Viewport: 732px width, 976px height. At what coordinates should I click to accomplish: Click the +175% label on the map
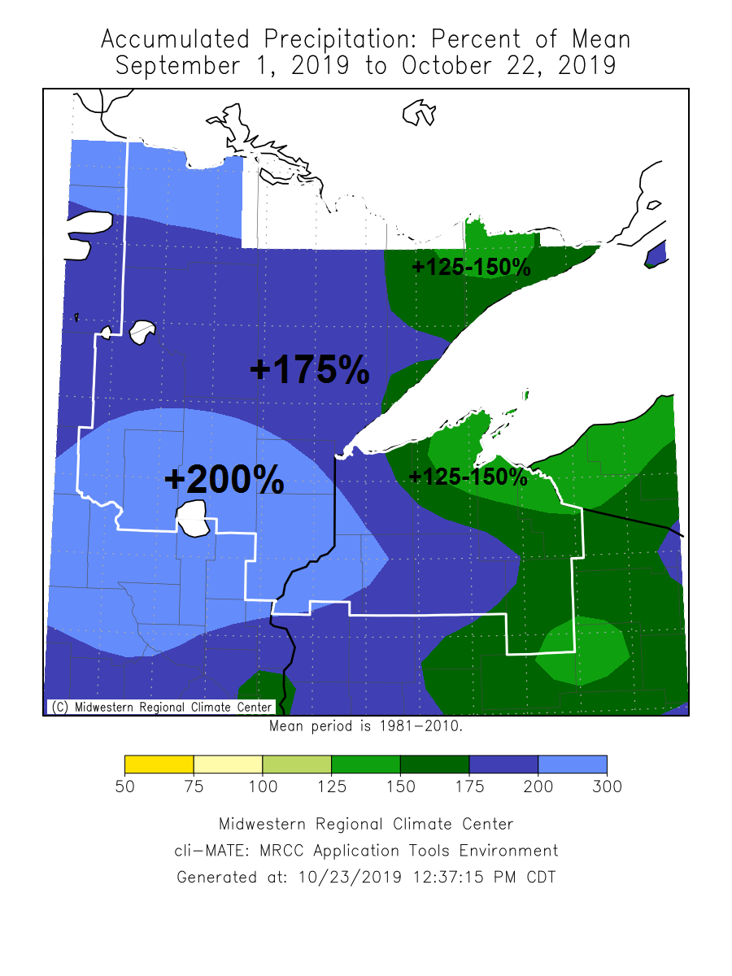[309, 370]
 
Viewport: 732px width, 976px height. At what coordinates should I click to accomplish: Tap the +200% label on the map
[224, 479]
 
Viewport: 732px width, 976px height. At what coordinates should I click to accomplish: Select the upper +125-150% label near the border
[471, 267]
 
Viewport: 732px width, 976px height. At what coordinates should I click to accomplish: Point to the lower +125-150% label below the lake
[468, 476]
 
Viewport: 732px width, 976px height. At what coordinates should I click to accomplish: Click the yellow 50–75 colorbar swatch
[159, 765]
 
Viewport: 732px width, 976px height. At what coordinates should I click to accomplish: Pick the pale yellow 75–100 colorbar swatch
[228, 765]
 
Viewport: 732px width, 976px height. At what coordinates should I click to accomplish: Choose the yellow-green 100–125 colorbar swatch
[297, 765]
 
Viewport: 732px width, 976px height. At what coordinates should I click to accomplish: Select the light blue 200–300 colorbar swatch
[573, 765]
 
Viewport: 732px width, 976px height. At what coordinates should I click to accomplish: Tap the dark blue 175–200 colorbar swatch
[503, 765]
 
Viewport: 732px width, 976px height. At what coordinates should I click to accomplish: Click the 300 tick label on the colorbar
[607, 786]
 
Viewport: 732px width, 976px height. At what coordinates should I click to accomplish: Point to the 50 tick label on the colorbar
[124, 786]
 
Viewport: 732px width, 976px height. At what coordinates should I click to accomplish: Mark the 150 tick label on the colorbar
[400, 786]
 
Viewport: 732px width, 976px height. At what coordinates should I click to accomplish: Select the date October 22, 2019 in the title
[508, 66]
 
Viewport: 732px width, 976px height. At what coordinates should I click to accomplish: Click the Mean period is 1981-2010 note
[366, 725]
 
